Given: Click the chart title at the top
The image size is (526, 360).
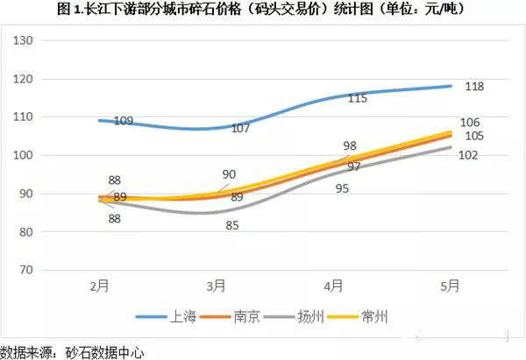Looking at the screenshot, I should click(263, 11).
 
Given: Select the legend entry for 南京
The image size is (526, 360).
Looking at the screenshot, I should click(248, 316).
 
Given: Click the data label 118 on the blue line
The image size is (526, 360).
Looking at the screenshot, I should click(474, 87).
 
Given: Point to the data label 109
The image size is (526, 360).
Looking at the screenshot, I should click(124, 121).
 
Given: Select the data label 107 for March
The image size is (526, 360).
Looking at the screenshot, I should click(240, 129).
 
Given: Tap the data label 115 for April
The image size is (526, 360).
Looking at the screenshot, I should click(357, 98).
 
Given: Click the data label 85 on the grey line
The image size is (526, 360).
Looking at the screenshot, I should click(231, 226).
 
